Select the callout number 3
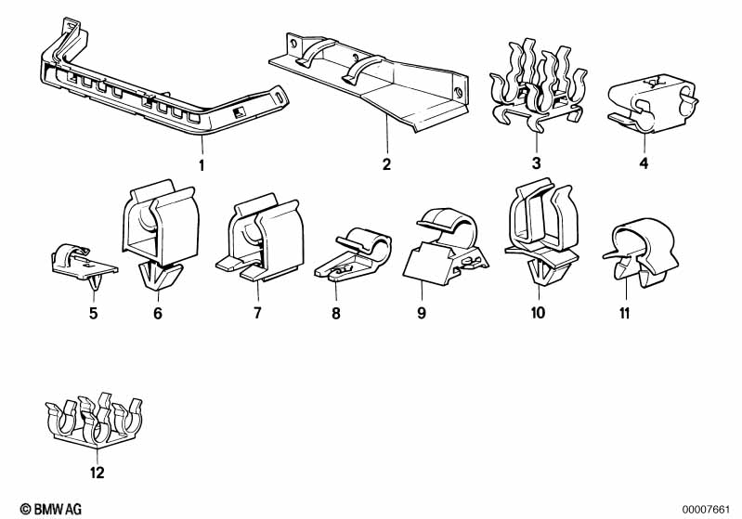[536, 164]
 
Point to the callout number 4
[643, 164]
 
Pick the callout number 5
[93, 314]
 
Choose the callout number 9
[421, 314]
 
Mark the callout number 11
[625, 314]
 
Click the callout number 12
[98, 473]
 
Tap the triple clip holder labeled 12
[96, 422]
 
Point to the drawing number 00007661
[709, 508]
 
